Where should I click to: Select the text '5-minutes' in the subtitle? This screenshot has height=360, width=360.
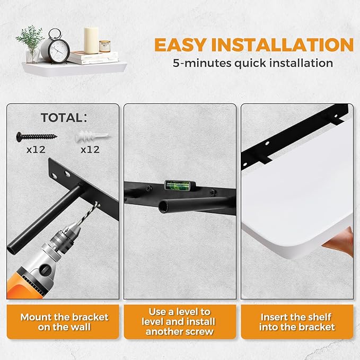coord(202,63)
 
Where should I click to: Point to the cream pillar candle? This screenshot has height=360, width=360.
coord(91,40)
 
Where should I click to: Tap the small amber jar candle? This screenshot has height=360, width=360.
coord(104,46)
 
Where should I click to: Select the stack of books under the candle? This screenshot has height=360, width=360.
coord(93,58)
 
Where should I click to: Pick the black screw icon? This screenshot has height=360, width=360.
coord(36,137)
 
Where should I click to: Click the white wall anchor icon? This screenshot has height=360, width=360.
coord(92,137)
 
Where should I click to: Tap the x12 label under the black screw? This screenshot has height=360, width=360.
coord(36,150)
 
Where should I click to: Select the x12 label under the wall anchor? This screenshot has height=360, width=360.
coord(90,150)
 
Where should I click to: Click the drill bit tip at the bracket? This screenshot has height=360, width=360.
coord(98,203)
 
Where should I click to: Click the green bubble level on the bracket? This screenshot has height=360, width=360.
coord(180,185)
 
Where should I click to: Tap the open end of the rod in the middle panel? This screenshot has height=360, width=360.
coord(163,206)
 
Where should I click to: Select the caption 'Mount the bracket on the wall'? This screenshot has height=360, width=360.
coord(64,322)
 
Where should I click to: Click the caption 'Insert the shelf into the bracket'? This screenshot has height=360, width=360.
coord(297,322)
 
